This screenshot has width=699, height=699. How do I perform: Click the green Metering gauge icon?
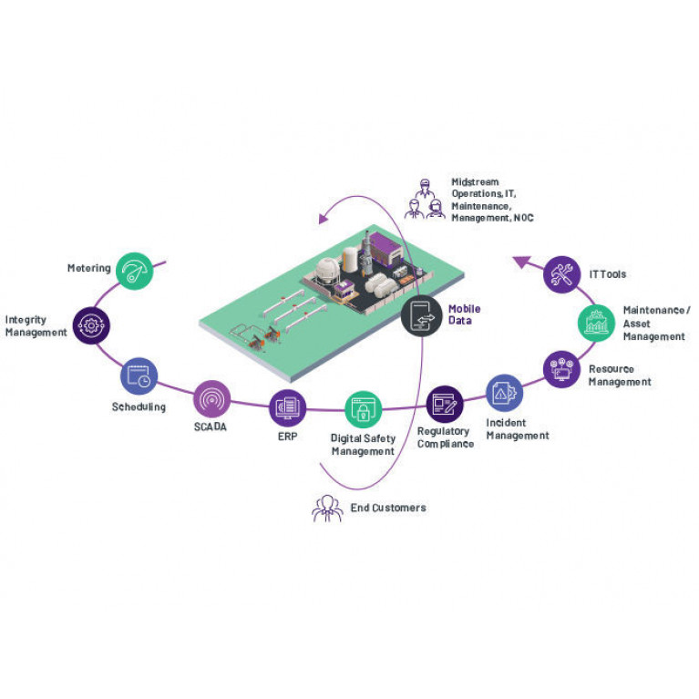(x=135, y=271)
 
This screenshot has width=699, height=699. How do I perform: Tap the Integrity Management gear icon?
(x=91, y=325)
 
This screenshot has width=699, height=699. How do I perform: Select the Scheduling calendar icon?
(x=139, y=375)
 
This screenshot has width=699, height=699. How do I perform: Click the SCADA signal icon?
(x=211, y=399)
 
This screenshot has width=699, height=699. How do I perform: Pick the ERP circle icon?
(x=288, y=408)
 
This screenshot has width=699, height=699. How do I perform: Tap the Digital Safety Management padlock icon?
(x=364, y=409)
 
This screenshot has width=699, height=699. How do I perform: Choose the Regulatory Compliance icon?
(x=445, y=405)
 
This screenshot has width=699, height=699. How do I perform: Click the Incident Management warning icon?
(x=504, y=393)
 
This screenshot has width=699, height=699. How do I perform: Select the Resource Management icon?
(x=561, y=369)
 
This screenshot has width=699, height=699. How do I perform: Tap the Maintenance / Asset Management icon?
(x=596, y=324)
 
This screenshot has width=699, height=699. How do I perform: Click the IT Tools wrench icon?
(x=561, y=274)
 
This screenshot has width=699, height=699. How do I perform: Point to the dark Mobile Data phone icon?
(x=421, y=315)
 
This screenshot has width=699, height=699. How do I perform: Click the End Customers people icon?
(x=328, y=509)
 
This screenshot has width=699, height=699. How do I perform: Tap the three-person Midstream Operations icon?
(x=425, y=199)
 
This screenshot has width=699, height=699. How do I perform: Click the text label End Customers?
(x=388, y=508)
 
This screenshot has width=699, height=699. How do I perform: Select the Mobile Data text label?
(x=464, y=314)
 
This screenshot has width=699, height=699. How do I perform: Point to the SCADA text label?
(x=211, y=427)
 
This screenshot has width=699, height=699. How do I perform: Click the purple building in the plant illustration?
(x=385, y=248)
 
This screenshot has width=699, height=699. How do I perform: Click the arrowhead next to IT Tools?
(x=521, y=262)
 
